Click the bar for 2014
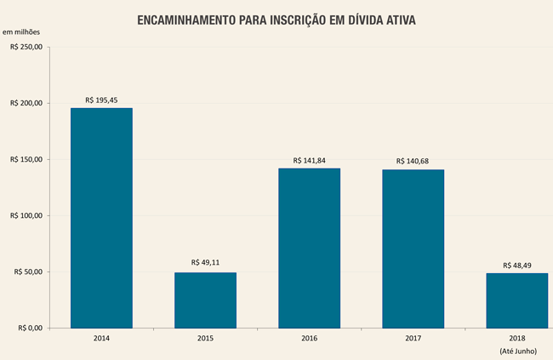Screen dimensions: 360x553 (101, 218)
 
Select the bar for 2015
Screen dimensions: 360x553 (205, 300)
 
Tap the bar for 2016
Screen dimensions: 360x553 (309, 248)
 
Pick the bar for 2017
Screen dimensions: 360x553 (413, 249)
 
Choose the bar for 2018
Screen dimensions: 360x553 (516, 300)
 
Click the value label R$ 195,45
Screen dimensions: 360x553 (101, 100)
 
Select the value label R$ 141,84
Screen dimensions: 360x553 (309, 160)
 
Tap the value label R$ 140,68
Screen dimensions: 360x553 (413, 162)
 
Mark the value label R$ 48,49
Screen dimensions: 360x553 (516, 265)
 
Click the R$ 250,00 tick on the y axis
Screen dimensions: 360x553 (26, 47)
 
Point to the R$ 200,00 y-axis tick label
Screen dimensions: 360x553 (26, 103)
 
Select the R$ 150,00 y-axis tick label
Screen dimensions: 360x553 (26, 159)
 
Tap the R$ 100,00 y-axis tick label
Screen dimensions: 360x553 (26, 215)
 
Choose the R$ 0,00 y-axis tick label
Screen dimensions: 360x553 (28, 328)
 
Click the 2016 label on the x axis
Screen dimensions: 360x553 (309, 339)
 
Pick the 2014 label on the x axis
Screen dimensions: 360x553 (101, 339)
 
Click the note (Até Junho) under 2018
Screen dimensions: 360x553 (516, 351)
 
